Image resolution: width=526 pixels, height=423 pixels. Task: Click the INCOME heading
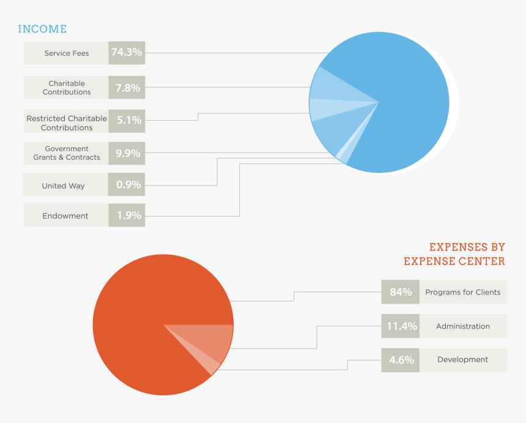(x=42, y=29)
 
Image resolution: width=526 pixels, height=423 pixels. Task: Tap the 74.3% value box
(x=127, y=53)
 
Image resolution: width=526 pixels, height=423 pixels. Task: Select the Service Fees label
(x=67, y=53)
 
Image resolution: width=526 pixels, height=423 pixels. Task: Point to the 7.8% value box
(x=127, y=88)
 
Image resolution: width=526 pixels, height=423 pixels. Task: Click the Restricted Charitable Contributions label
(x=67, y=123)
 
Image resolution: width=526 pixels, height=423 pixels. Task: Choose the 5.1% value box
(x=127, y=121)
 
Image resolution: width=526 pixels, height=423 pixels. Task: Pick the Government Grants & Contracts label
(x=67, y=153)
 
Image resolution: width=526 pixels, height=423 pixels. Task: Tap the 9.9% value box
(x=127, y=153)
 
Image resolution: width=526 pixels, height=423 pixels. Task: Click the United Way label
(x=63, y=185)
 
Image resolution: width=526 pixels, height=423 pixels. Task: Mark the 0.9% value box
(x=127, y=184)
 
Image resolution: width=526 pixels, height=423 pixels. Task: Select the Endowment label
(x=65, y=215)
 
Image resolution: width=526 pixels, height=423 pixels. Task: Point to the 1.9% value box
(x=127, y=215)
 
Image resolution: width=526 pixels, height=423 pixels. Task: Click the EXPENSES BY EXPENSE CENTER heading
(x=454, y=254)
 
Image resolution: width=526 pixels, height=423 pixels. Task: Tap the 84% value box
(x=401, y=292)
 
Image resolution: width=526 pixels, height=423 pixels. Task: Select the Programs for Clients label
(x=463, y=292)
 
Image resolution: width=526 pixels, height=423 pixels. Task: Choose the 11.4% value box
(x=401, y=326)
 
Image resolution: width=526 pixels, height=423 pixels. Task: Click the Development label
(x=462, y=360)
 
